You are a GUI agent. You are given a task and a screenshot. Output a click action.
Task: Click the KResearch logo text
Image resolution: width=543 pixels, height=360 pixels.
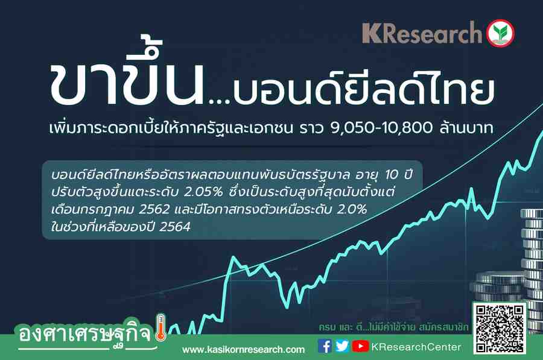422,33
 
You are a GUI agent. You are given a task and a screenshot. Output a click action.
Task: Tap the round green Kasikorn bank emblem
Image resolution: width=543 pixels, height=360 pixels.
500,33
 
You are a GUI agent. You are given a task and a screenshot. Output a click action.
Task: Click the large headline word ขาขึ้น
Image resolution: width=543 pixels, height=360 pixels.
127,74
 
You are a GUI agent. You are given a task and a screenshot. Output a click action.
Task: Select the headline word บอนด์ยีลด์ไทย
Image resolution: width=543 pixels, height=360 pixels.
363,90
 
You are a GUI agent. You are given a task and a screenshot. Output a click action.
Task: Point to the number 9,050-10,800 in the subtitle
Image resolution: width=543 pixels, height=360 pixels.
382,128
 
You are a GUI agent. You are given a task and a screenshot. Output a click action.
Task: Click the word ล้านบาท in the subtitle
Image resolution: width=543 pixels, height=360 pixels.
466,128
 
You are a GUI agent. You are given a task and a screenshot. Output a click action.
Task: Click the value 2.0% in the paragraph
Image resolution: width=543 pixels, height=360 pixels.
352,209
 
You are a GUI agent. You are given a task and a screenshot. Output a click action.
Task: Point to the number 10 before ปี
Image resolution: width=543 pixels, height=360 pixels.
392,175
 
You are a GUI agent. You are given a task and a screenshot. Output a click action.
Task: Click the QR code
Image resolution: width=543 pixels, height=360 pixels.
500,328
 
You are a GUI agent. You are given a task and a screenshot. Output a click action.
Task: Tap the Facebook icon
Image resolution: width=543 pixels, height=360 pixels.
325,346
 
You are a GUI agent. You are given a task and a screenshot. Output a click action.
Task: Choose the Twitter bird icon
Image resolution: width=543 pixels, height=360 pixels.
342,346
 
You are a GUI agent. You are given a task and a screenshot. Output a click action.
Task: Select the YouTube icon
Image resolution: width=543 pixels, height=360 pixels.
361,346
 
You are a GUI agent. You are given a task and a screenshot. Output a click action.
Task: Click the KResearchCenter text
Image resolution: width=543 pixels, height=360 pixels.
416,347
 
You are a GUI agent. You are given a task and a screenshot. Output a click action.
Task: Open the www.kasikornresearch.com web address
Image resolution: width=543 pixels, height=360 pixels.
244,350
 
